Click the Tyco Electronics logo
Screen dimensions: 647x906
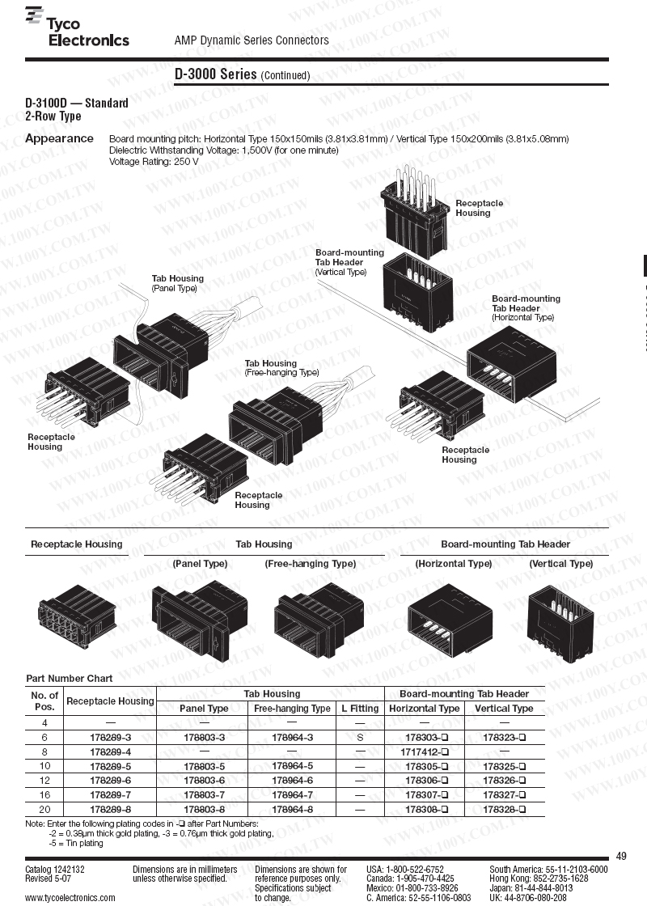[x=78, y=27]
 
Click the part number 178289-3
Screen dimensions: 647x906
[x=110, y=737]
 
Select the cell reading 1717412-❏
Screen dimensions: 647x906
[x=425, y=751]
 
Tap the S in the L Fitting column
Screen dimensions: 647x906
[x=360, y=737]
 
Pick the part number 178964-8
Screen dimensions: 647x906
[x=292, y=810]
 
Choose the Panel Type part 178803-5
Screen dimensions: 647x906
[x=204, y=766]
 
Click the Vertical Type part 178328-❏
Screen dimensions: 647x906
[x=505, y=810]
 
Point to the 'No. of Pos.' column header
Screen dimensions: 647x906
[x=44, y=701]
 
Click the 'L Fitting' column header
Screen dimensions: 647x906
[x=360, y=709]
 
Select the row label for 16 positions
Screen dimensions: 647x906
[x=44, y=795]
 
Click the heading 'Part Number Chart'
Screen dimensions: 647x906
[x=70, y=679]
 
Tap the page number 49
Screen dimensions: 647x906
[x=622, y=856]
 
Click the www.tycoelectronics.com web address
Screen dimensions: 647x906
[x=70, y=897]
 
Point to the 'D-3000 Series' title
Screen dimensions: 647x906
[x=215, y=74]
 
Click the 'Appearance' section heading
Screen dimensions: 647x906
[x=59, y=138]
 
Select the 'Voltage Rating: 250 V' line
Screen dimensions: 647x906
[x=154, y=161]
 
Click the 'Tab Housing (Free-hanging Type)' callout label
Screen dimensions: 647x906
[x=282, y=368]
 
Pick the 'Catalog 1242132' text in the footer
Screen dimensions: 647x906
[x=55, y=869]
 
